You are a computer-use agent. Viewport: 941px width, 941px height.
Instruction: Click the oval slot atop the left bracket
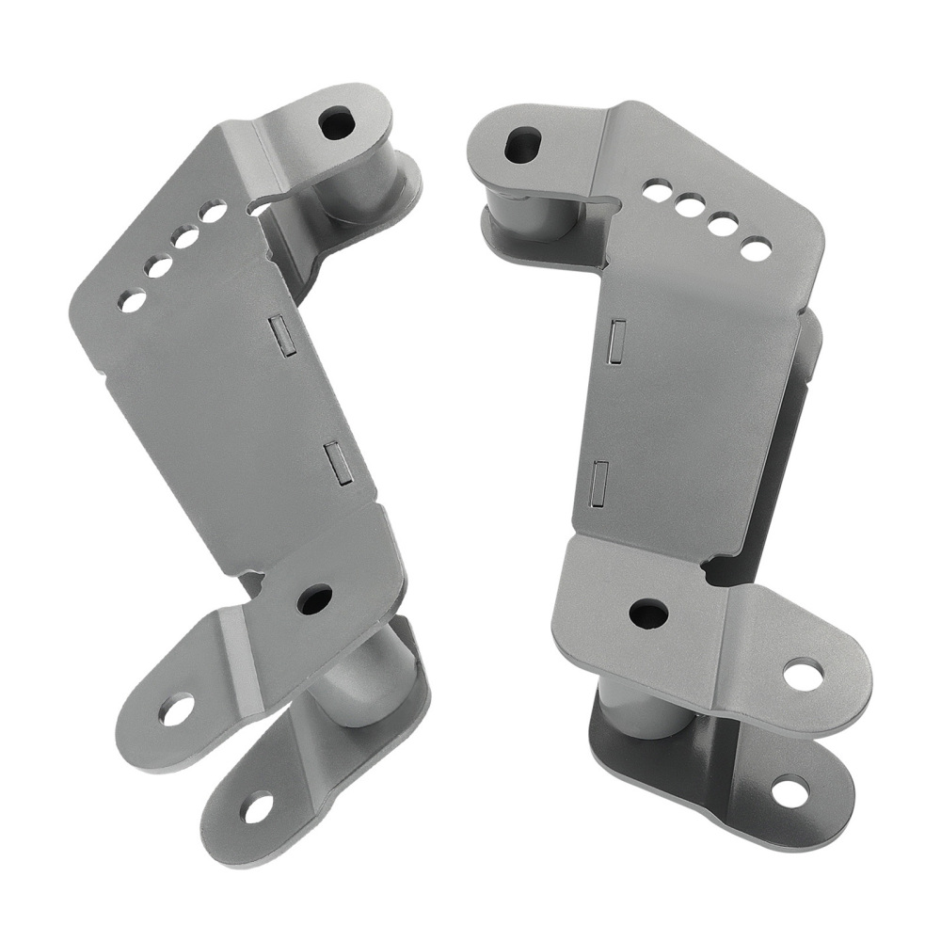336,123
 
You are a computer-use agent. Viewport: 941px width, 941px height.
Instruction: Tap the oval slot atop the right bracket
523,144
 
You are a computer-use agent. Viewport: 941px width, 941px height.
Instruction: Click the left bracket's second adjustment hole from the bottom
160,267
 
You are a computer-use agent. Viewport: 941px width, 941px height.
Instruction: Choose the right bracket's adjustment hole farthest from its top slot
756,248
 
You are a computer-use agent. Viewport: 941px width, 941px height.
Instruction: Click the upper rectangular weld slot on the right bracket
617,342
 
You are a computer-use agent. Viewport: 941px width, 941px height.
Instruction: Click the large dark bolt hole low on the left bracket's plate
314,598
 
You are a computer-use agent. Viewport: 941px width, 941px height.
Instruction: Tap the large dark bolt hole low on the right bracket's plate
648,614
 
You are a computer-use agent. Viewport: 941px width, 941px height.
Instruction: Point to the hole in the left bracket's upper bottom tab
176,709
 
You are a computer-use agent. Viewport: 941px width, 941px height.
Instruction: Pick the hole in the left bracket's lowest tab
257,807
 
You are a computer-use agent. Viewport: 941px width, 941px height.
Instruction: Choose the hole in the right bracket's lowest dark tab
789,791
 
